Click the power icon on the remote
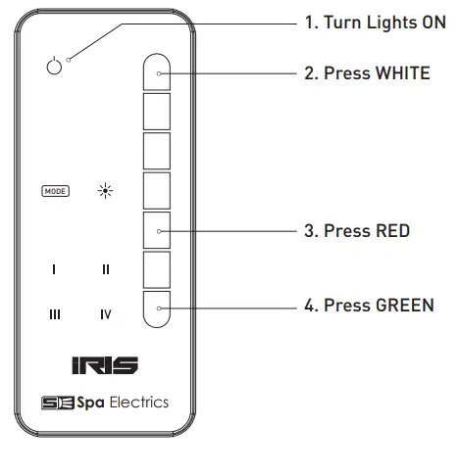tap(54, 67)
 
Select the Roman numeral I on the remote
tap(55, 268)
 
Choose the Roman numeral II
tap(106, 268)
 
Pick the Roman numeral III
tap(55, 314)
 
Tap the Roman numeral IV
tap(106, 314)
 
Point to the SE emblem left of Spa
tap(51, 403)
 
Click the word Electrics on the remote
tap(138, 403)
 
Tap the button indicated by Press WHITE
tap(158, 71)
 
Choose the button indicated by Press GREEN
tap(158, 307)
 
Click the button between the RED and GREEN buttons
tap(158, 268)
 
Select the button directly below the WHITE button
tap(158, 111)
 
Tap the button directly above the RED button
tap(158, 190)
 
